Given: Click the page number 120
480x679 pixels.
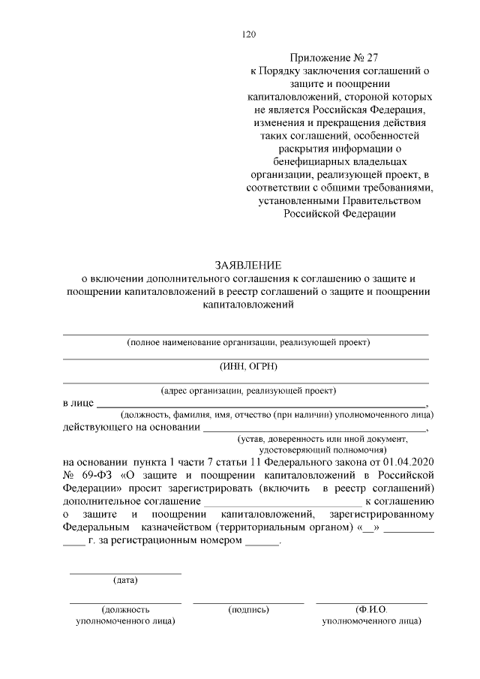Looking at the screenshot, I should [x=249, y=34].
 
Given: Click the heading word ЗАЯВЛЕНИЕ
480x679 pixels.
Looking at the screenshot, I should [x=248, y=265].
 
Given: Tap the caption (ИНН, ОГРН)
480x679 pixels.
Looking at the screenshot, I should [x=248, y=365].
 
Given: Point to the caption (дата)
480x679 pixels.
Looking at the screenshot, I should [x=125, y=580].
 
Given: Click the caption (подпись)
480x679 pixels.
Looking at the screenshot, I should [x=248, y=610].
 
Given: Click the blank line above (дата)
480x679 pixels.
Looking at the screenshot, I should [x=125, y=573].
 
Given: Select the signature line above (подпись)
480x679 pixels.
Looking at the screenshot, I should [x=248, y=602].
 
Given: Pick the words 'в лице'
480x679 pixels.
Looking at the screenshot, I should [x=78, y=403].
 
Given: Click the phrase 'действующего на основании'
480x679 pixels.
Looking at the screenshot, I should [x=131, y=428].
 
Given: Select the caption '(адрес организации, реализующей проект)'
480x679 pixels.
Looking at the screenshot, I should [x=248, y=390].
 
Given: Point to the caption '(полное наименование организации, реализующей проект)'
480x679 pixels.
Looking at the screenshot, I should [x=248, y=342].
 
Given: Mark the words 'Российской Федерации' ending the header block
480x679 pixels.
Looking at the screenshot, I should [x=338, y=214].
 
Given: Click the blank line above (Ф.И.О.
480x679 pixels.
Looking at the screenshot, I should [x=371, y=602].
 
